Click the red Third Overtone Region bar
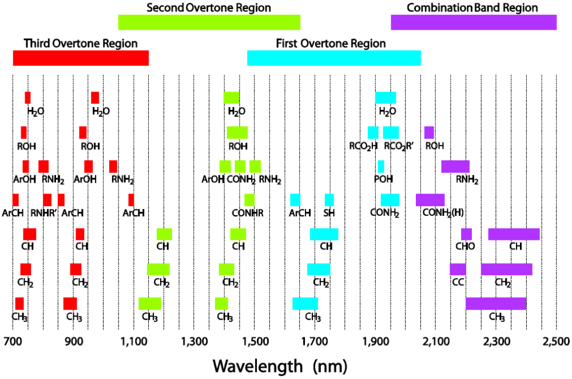(x=81, y=58)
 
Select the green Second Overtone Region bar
(x=209, y=22)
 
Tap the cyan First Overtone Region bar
(x=333, y=58)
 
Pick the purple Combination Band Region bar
(x=473, y=22)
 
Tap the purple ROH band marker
(x=429, y=132)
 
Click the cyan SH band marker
(x=329, y=200)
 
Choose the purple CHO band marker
(x=466, y=234)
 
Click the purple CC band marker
(x=458, y=269)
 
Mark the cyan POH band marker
(x=381, y=166)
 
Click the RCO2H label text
(x=364, y=146)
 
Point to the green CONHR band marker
(x=249, y=200)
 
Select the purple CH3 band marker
(x=495, y=303)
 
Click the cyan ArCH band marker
(x=295, y=200)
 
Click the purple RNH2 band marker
(x=455, y=166)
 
